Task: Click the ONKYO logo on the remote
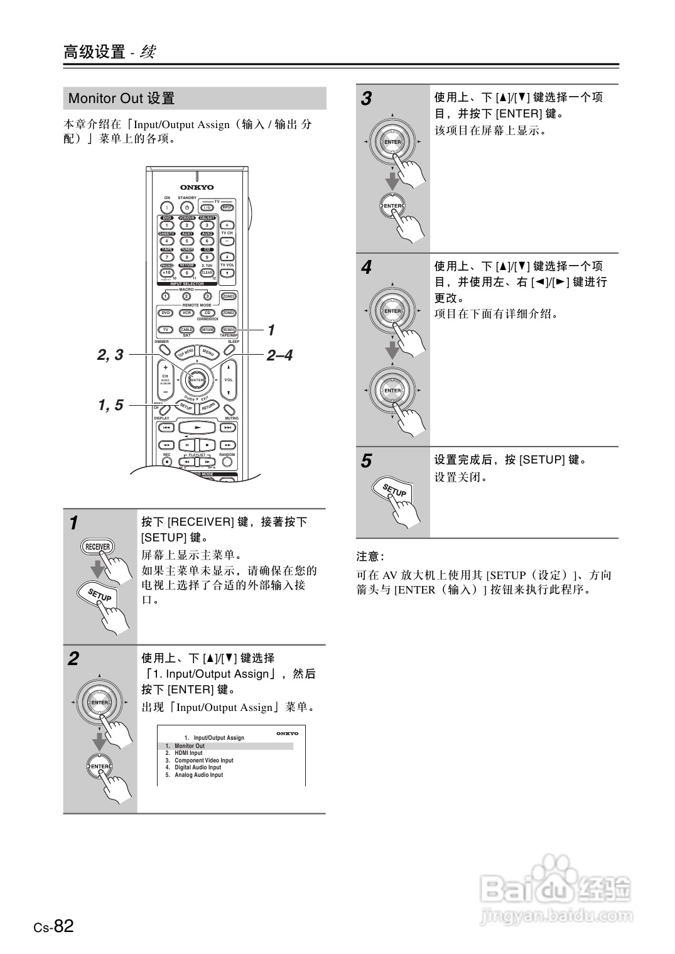[x=197, y=187]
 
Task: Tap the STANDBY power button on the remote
[x=186, y=207]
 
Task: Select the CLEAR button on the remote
[x=207, y=273]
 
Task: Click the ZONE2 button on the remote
[x=229, y=313]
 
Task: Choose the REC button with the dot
[x=167, y=462]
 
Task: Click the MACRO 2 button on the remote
[x=186, y=296]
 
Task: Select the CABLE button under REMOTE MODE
[x=186, y=329]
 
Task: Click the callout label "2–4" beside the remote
[x=279, y=355]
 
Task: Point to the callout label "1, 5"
[x=111, y=406]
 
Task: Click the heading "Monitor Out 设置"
[x=122, y=99]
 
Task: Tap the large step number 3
[x=366, y=99]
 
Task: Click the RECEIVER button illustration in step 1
[x=97, y=546]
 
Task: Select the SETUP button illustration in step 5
[x=394, y=491]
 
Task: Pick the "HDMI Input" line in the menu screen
[x=188, y=753]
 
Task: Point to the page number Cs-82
[x=54, y=926]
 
